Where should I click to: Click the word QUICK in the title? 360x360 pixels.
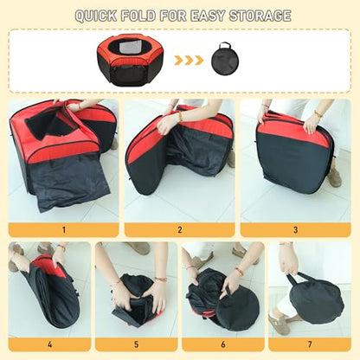(x=96, y=16)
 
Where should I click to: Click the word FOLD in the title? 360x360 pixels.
(x=138, y=16)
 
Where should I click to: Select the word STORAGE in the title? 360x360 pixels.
(x=260, y=16)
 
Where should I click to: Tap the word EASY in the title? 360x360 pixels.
(x=207, y=16)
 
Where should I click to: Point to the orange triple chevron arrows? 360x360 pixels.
(x=189, y=61)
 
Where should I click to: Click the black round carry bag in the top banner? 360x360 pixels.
(x=225, y=59)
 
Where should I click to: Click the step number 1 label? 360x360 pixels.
(x=64, y=230)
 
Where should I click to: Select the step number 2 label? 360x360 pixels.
(x=180, y=230)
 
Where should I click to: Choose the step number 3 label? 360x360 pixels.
(x=295, y=230)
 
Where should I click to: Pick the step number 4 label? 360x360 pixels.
(x=50, y=344)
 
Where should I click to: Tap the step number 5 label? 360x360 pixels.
(x=137, y=344)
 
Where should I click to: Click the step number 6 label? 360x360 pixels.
(x=223, y=344)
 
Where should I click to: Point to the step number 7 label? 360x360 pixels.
(x=310, y=344)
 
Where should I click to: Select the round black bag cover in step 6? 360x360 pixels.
(x=238, y=311)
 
